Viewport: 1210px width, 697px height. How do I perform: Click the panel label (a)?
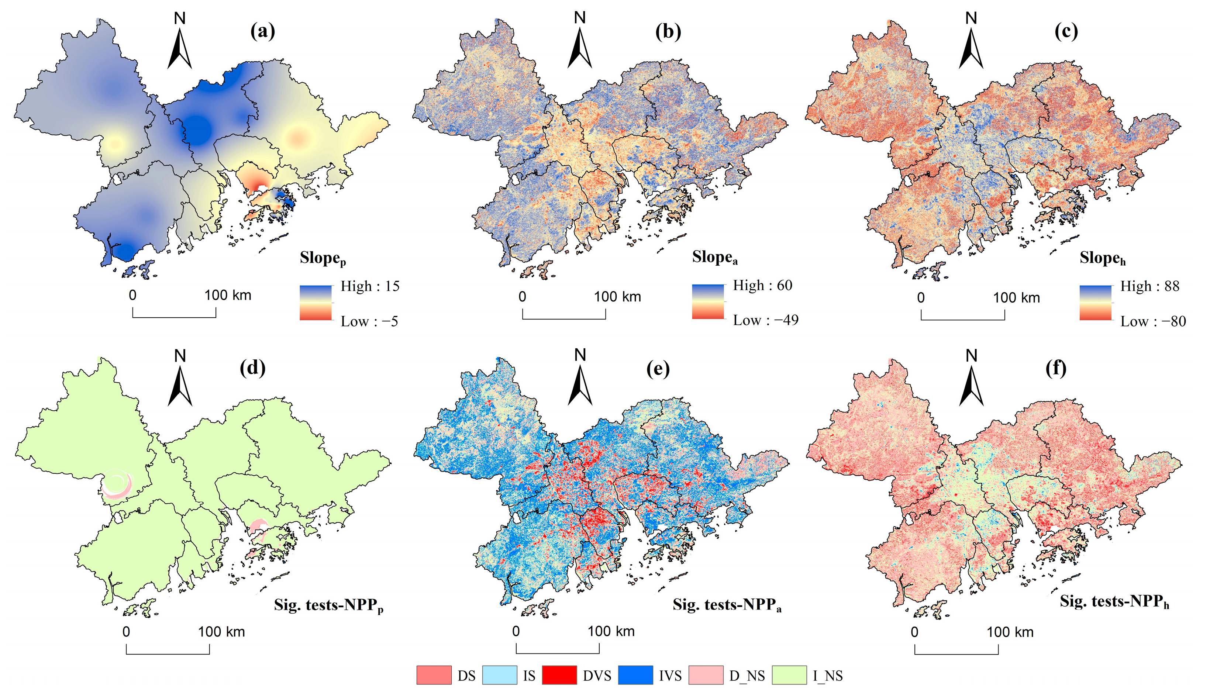262,32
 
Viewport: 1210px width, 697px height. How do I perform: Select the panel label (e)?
658,368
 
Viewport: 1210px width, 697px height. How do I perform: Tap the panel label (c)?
1066,32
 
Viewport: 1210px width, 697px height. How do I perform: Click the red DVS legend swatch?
559,675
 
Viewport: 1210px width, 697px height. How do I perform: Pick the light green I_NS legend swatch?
789,675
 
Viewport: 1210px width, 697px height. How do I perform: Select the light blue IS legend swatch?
500,675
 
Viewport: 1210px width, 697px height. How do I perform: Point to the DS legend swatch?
434,675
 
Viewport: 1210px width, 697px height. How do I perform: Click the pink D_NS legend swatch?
706,675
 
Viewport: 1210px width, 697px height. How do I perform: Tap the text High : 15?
369,286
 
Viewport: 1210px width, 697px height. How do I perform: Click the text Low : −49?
765,320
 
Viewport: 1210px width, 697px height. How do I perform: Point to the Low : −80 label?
1152,321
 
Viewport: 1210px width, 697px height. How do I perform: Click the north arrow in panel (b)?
580,45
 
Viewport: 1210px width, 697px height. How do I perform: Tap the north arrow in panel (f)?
971,383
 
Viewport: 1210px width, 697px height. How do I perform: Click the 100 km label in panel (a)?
228,295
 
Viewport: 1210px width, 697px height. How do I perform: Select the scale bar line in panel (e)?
557,652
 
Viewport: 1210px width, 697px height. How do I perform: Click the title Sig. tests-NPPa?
727,605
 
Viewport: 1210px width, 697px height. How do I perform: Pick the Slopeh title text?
1102,259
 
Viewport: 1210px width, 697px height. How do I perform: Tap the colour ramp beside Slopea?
707,301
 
